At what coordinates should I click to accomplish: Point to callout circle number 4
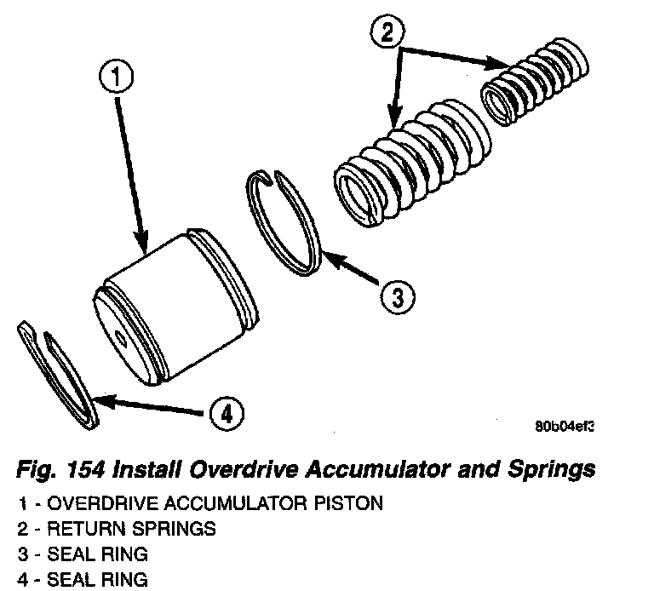click(x=225, y=415)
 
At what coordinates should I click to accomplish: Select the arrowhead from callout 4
click(x=97, y=399)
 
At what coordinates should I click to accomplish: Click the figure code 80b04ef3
click(x=564, y=427)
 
